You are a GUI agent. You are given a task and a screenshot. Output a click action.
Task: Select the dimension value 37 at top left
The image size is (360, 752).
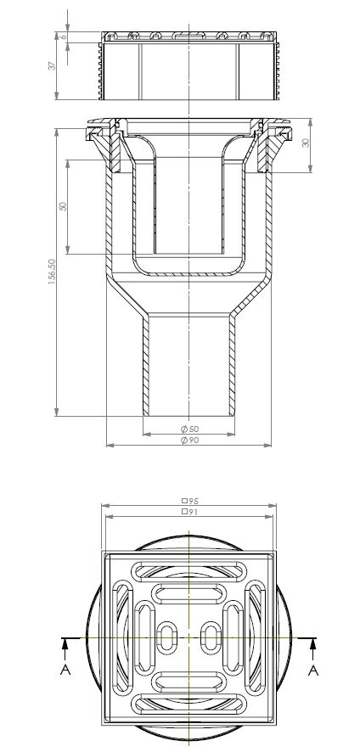53,66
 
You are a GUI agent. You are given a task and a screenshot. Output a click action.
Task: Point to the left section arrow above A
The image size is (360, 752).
65,648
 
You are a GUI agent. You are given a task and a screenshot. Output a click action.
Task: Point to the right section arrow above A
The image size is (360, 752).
312,648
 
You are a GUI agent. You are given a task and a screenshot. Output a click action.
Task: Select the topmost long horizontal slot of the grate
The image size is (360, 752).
188,566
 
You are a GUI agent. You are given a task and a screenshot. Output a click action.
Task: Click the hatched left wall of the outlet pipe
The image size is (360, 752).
145,365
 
